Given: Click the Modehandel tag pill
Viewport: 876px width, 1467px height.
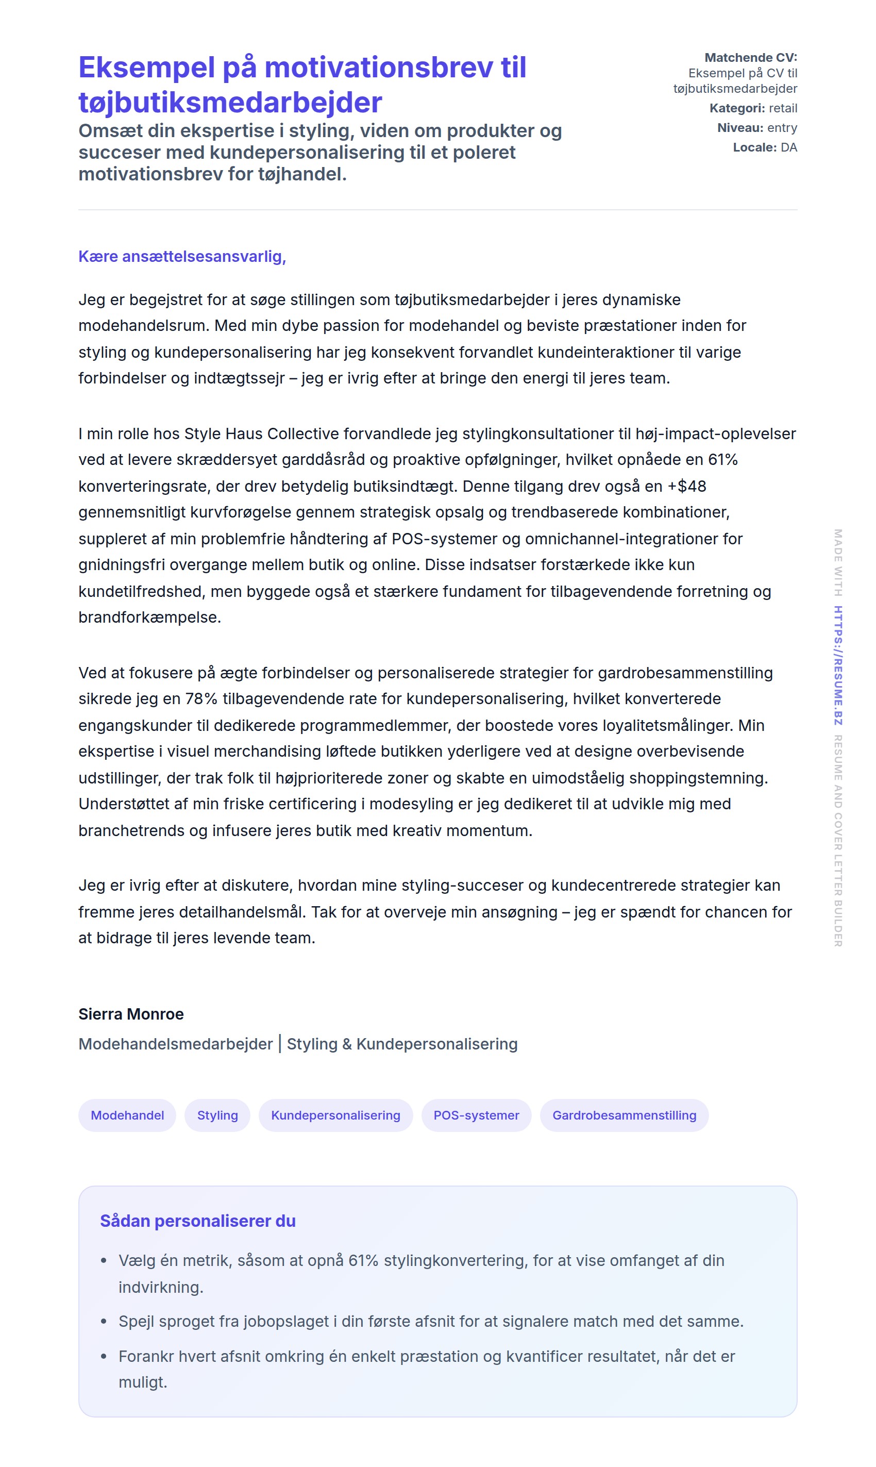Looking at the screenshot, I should (x=127, y=1115).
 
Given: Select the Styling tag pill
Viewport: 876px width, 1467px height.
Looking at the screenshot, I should (x=217, y=1115).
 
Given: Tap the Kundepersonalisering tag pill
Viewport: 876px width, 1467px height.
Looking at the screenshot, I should (x=335, y=1115).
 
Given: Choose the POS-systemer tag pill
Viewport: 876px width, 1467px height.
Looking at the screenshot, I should (x=476, y=1115).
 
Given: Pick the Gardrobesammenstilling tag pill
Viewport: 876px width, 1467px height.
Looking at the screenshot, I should (x=624, y=1115).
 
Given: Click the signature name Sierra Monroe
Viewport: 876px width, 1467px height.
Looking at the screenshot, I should (x=131, y=1014).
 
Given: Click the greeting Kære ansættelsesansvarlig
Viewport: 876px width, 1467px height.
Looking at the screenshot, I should (x=182, y=257).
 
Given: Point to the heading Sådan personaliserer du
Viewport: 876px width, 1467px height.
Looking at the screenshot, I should (x=198, y=1221).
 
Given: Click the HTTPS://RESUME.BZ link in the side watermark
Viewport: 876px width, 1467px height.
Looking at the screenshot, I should (x=838, y=665).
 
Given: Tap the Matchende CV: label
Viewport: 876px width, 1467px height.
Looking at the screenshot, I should (x=750, y=58).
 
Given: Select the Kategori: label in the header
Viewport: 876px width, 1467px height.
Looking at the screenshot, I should (x=737, y=109).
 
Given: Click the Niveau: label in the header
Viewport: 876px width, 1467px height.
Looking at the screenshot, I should (x=739, y=128).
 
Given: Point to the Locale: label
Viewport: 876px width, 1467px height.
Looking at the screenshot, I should (x=754, y=147).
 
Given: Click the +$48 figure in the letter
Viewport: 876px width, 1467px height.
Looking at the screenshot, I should (x=686, y=487).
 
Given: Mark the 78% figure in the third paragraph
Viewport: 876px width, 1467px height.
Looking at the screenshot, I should (x=201, y=699).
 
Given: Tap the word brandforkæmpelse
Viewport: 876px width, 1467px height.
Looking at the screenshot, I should (x=149, y=618).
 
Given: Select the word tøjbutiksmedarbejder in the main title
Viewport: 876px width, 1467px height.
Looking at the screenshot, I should (x=230, y=102).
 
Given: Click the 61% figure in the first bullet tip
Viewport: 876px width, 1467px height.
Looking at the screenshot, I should (x=363, y=1261).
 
